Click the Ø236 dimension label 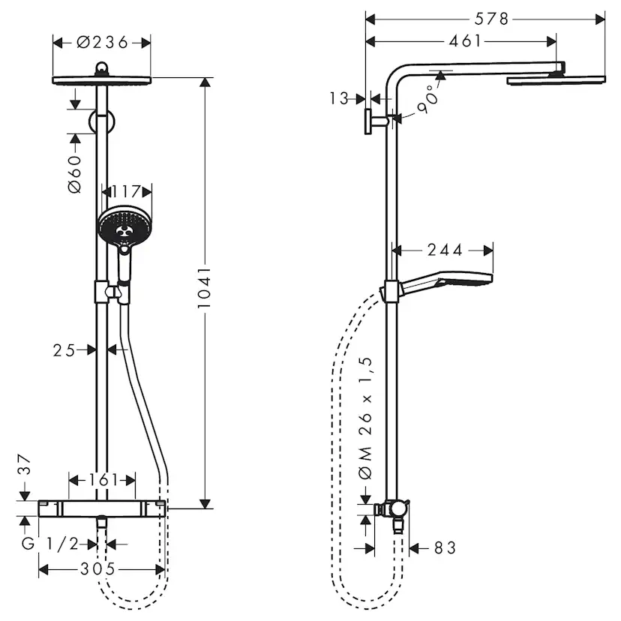click(102, 43)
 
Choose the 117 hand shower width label click(125, 192)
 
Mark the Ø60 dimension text click(75, 176)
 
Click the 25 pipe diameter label click(64, 349)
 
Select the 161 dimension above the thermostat click(102, 478)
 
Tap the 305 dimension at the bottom click(98, 569)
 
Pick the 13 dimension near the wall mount click(339, 97)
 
